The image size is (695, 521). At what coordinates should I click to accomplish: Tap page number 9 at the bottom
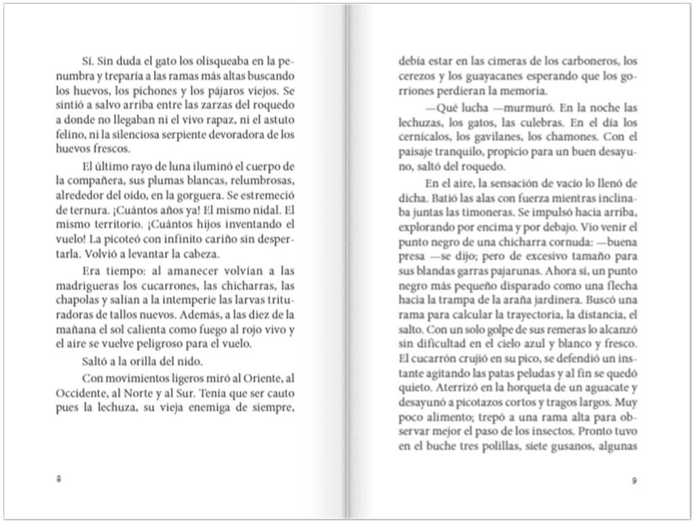point(633,480)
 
